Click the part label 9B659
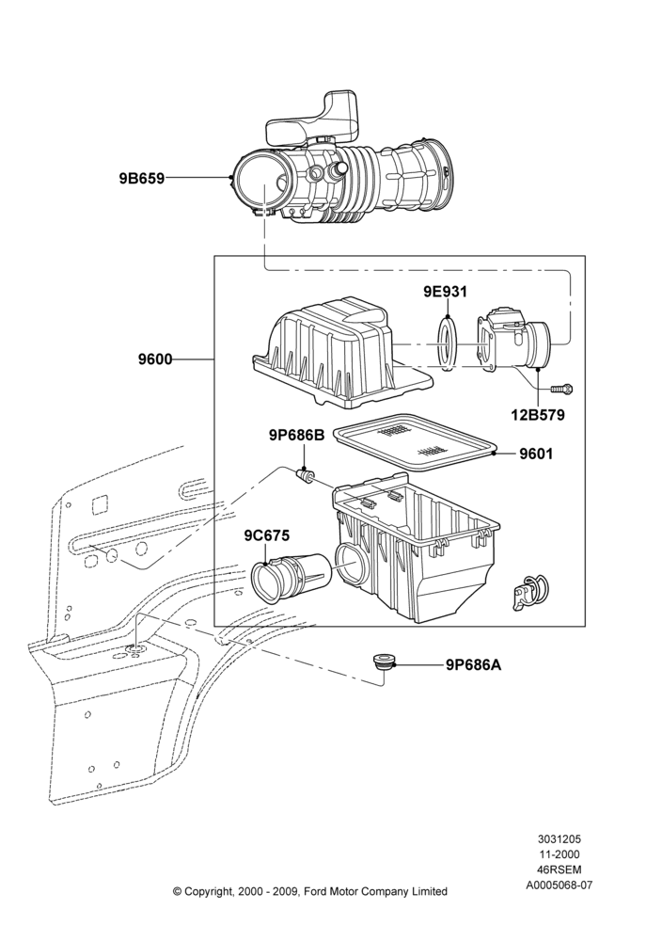[141, 178]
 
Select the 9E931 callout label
[445, 292]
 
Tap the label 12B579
[538, 415]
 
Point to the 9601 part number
[536, 455]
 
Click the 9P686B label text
[296, 436]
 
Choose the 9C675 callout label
[266, 535]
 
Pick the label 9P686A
[473, 665]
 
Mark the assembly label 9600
[155, 359]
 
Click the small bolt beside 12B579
[561, 390]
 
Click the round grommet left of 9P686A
[382, 663]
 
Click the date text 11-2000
[559, 854]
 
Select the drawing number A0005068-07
[559, 885]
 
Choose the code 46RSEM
[559, 869]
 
